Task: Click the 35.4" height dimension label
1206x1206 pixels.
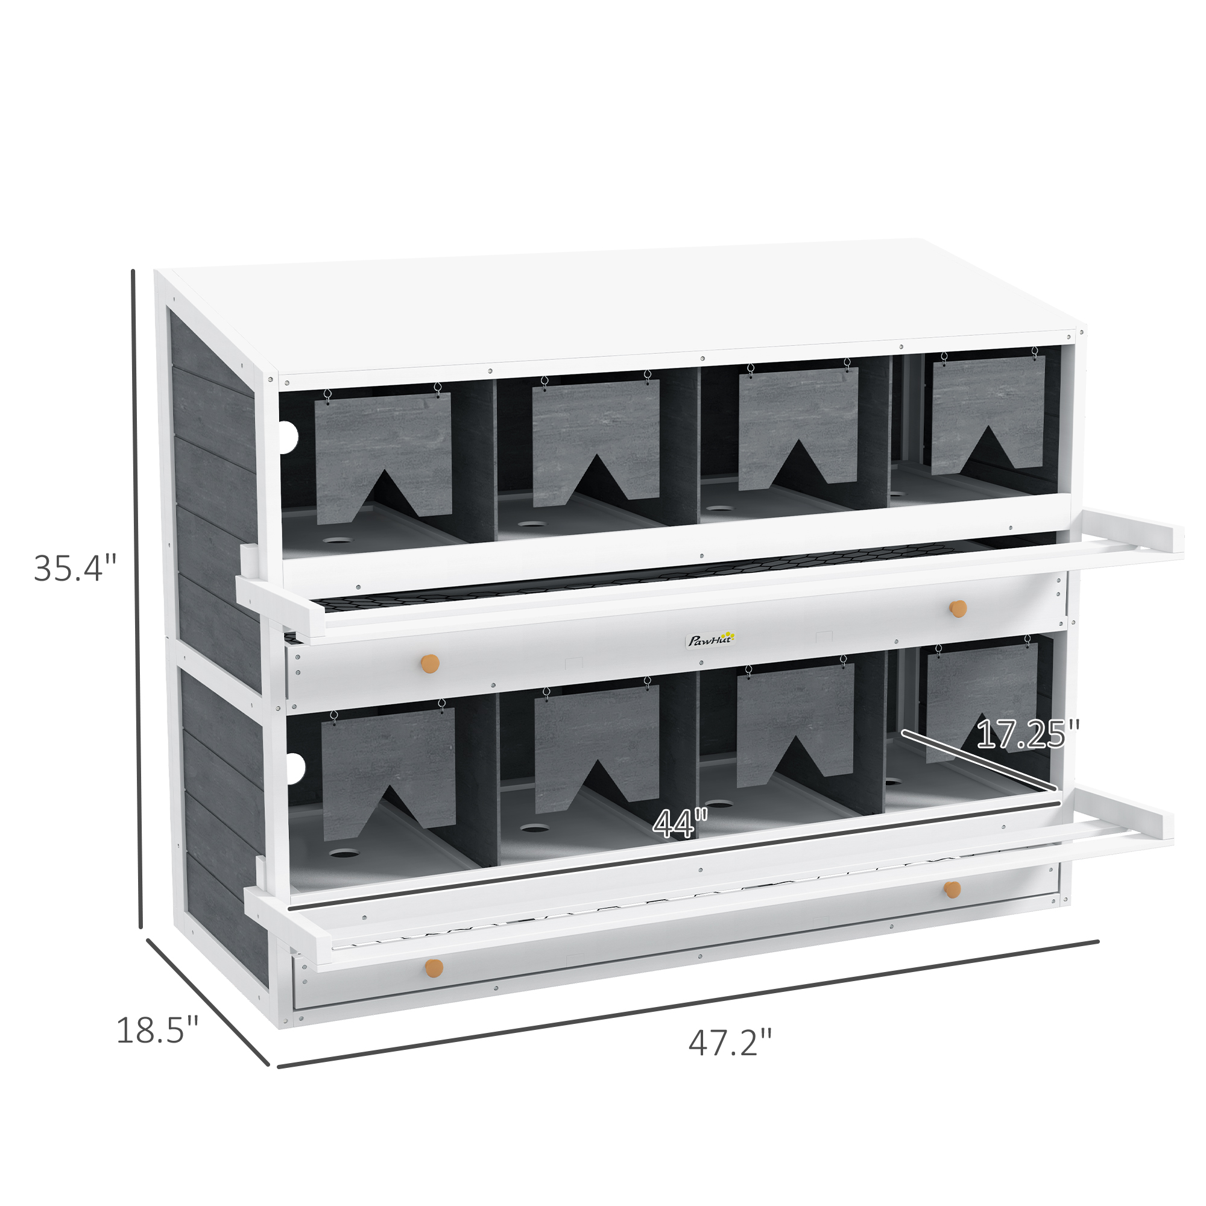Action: coord(75,569)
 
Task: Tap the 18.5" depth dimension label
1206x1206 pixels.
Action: coord(157,1030)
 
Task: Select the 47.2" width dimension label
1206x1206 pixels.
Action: coord(730,1043)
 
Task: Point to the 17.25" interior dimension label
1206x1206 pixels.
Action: coord(1028,734)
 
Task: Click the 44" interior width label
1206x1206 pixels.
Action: coord(680,823)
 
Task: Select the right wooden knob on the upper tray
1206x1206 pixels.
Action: coord(958,608)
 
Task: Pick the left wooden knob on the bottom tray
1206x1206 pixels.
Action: coord(433,968)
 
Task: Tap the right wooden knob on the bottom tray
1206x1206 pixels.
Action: coord(953,889)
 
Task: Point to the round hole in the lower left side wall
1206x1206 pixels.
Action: coord(295,768)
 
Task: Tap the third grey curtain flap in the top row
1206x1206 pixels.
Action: coord(798,425)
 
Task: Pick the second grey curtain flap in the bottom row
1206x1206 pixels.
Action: coord(597,746)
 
